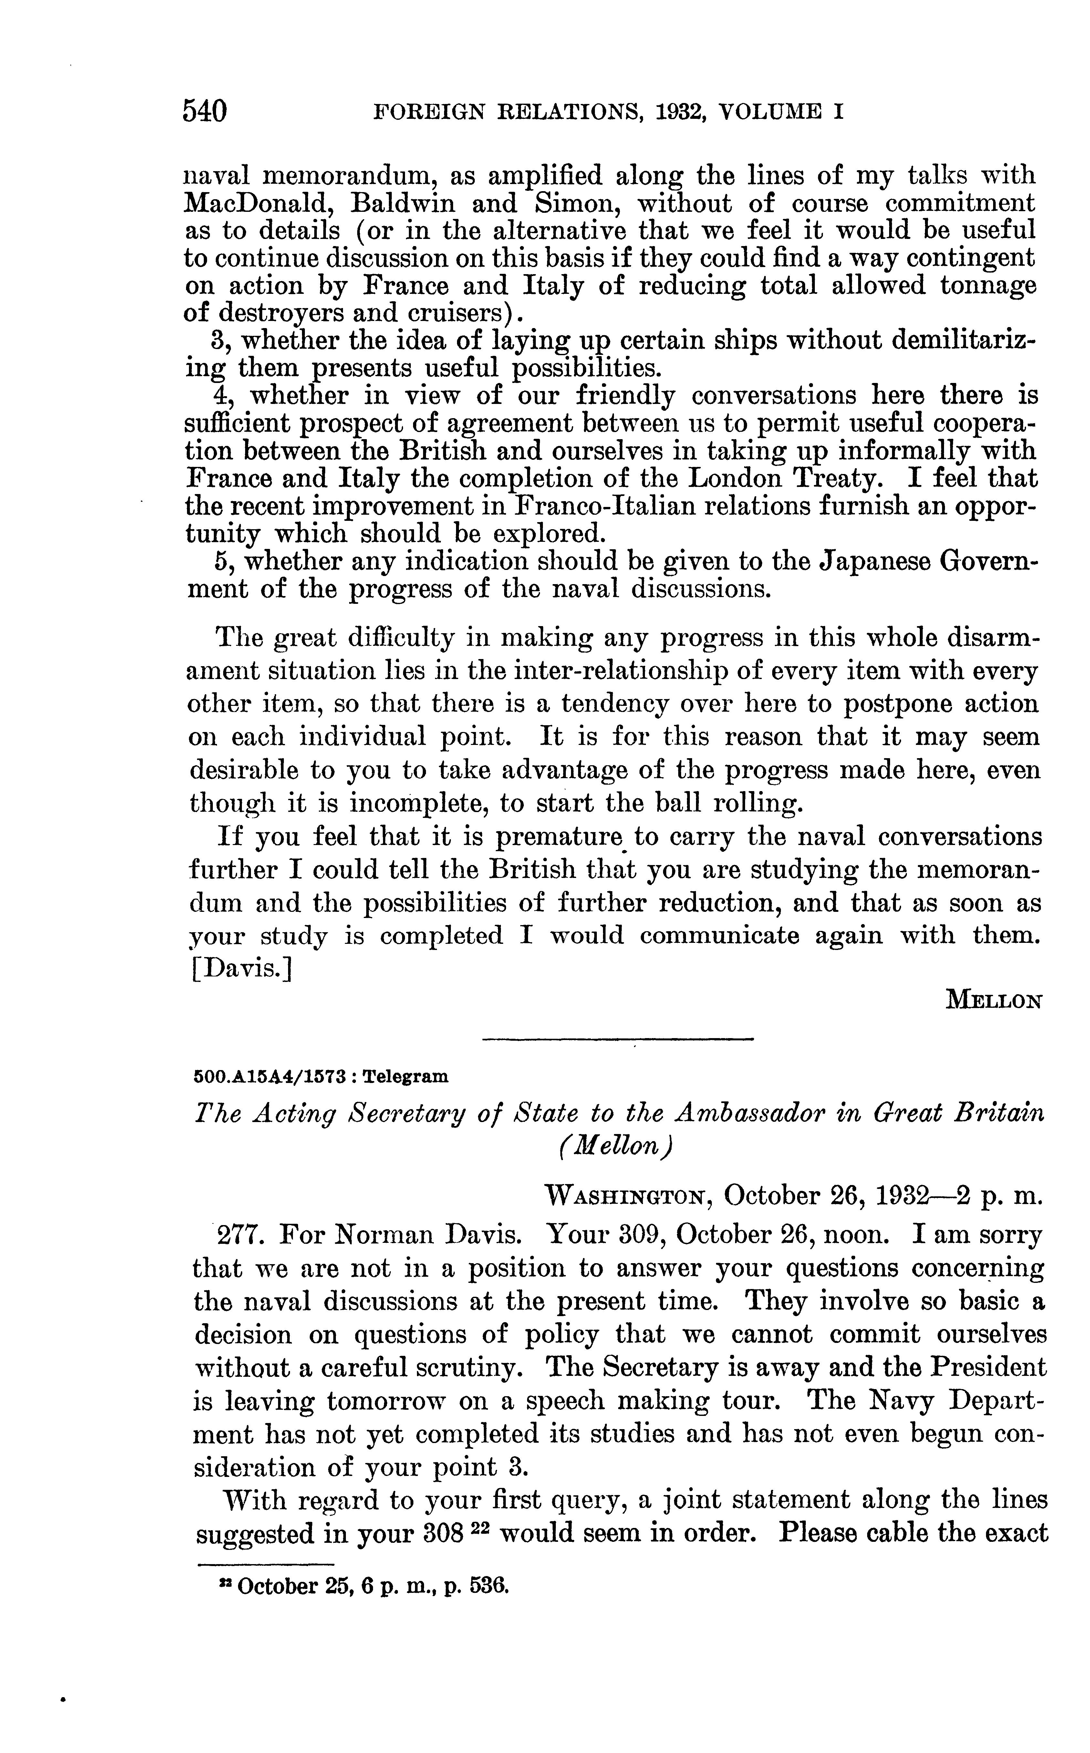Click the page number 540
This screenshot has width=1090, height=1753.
205,112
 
